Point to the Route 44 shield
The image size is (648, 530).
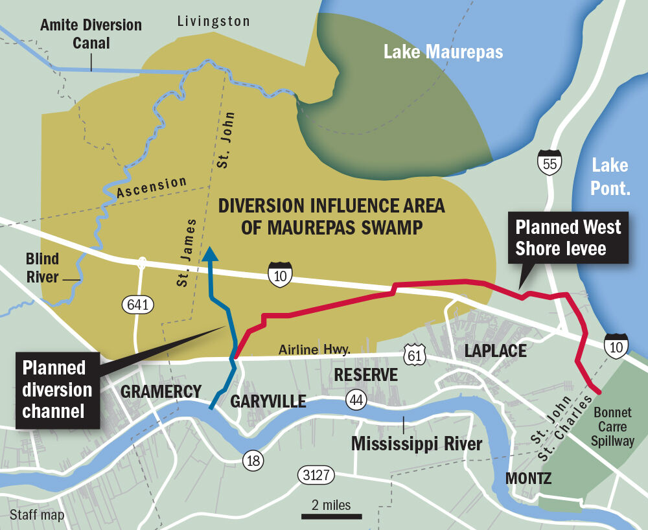coord(356,400)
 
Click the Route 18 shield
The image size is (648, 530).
coord(254,461)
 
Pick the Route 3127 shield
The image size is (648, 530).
coord(316,476)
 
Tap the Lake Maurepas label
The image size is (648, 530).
coord(443,52)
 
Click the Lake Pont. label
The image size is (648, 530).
coord(609,176)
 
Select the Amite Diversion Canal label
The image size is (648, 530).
coord(91,34)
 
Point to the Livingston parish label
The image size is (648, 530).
coord(213,22)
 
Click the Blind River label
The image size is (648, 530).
coord(42,268)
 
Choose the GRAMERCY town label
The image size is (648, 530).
coord(161,391)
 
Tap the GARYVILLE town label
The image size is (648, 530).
coord(268,402)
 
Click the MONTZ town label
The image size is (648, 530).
coord(529,479)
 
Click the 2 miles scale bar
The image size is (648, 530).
coord(331,516)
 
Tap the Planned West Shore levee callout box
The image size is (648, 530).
coord(568,238)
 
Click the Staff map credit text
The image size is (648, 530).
coord(38,515)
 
